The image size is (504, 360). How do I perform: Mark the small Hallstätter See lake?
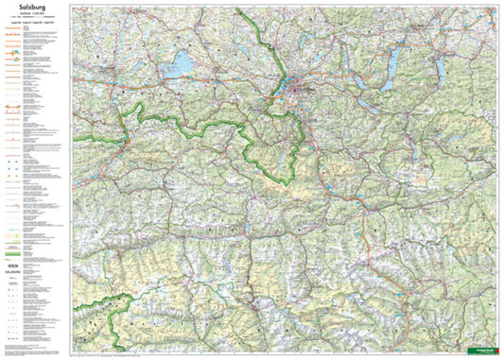(423, 138)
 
